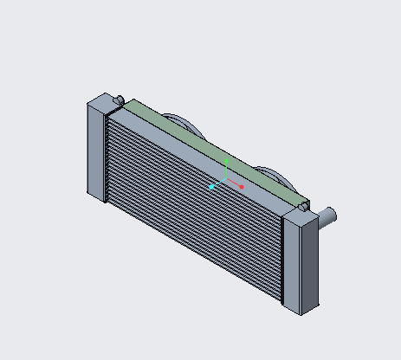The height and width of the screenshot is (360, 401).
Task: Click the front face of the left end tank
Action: point(95,152)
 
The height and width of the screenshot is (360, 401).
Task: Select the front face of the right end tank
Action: point(294,263)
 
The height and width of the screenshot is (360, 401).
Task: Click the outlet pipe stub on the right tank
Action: point(328,215)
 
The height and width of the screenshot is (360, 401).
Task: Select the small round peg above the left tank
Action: point(119,98)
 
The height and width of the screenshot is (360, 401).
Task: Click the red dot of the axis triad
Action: point(242,187)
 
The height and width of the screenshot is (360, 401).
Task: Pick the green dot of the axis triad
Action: point(226,161)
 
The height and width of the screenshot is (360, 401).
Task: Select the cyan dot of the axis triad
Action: point(212,187)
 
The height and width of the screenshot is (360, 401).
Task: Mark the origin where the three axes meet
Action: point(224,180)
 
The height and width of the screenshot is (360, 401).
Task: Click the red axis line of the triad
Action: point(234,183)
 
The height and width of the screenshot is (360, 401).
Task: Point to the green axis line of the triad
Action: point(225,170)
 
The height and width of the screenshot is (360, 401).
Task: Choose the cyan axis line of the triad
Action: point(218,183)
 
